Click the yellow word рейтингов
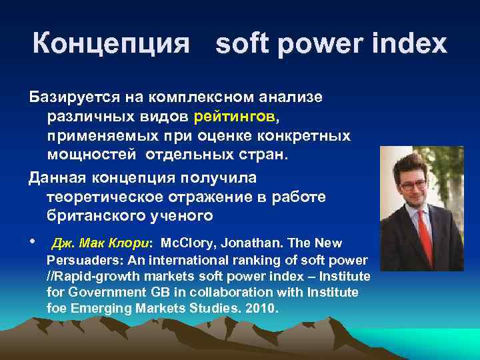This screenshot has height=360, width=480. [234, 117]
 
